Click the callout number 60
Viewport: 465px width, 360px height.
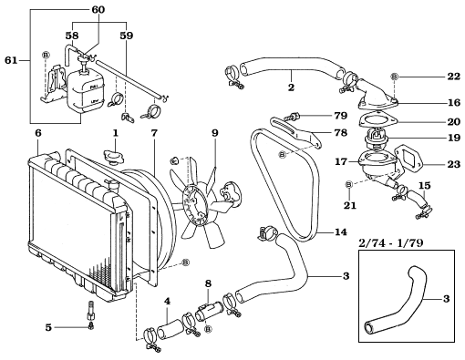point(98,9)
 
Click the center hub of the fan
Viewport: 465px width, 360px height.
point(198,200)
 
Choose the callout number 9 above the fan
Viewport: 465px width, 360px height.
point(214,134)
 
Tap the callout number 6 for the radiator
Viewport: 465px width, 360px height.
point(37,134)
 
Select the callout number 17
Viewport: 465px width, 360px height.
point(342,162)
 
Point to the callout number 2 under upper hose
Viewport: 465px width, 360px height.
point(290,88)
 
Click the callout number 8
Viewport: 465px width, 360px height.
point(208,284)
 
